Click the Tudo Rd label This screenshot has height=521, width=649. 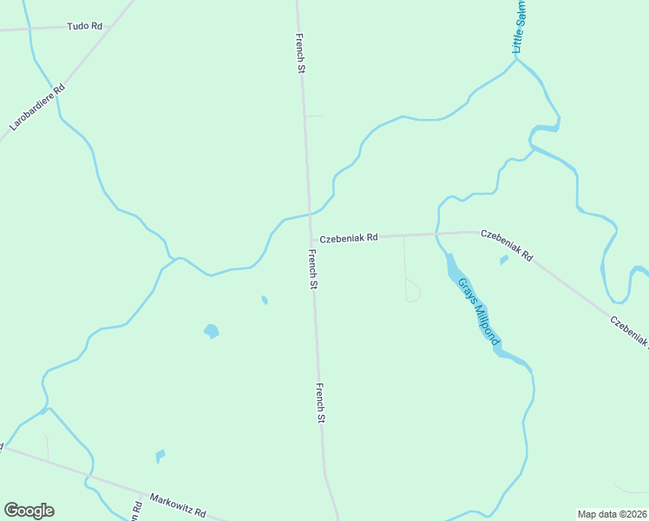[x=84, y=27]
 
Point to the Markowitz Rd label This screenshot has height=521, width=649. [x=177, y=504]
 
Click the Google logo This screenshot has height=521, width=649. [x=29, y=511]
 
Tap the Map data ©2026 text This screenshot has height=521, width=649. [x=612, y=513]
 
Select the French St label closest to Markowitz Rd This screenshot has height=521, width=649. [x=320, y=403]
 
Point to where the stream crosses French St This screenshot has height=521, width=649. [x=310, y=213]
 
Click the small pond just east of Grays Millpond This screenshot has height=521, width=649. [x=503, y=260]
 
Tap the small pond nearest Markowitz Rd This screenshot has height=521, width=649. [x=160, y=456]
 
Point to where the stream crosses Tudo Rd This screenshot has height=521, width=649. [x=31, y=30]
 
